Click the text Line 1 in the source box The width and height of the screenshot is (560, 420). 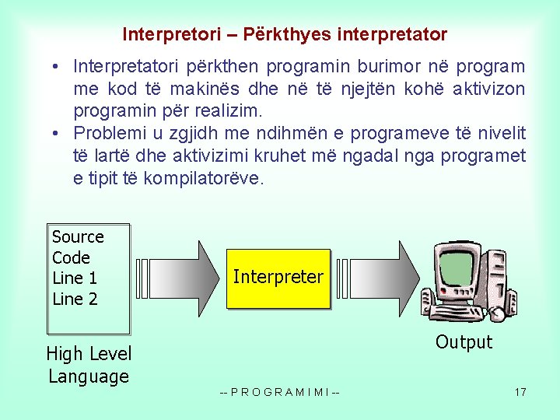pyautogui.click(x=75, y=278)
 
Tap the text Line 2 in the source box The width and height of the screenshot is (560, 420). pyautogui.click(x=75, y=299)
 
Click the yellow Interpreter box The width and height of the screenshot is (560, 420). pyautogui.click(x=278, y=278)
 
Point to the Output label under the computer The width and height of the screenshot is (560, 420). pyautogui.click(x=464, y=342)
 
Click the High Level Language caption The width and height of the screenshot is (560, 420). pyautogui.click(x=89, y=365)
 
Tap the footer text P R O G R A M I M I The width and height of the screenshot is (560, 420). pyautogui.click(x=280, y=391)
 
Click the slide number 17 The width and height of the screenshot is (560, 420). pyautogui.click(x=520, y=391)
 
